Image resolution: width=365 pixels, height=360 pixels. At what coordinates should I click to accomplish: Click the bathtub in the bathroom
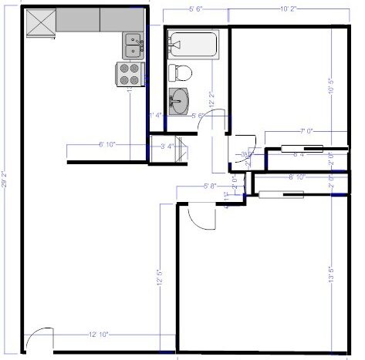[x=193, y=44]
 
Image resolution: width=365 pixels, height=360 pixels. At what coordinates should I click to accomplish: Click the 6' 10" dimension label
[x=106, y=144]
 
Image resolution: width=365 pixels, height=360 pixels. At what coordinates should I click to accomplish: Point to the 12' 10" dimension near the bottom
[x=98, y=335]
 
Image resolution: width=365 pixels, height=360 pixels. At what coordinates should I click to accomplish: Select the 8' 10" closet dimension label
[x=296, y=177]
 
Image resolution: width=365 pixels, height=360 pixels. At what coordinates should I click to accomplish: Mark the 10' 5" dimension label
[x=330, y=89]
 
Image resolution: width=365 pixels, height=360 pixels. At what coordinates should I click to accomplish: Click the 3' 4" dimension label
[x=167, y=144]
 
